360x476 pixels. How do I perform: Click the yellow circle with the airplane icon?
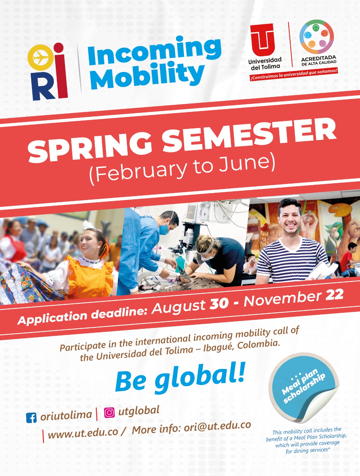point(40,57)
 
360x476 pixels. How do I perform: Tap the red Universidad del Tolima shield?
point(262,40)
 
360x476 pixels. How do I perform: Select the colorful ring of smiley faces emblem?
point(317,37)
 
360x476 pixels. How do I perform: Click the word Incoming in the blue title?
point(155,51)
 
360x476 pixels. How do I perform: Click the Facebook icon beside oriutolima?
point(31,417)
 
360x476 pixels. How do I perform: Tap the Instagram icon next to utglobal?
point(109,413)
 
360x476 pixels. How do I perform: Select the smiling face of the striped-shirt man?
point(290,219)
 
